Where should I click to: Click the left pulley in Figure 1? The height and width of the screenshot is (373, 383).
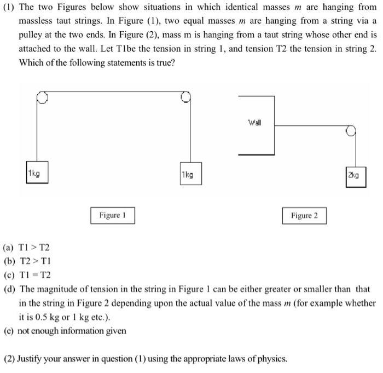[x=42, y=97]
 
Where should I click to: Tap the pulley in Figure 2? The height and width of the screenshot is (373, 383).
[x=351, y=130]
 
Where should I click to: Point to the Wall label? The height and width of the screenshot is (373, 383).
[x=254, y=122]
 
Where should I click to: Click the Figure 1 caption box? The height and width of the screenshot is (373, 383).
[x=113, y=215]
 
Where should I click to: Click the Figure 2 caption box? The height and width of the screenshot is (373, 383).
[x=304, y=215]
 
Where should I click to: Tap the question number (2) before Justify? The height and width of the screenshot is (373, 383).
[x=9, y=359]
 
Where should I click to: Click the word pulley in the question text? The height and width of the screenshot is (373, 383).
[x=31, y=35]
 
